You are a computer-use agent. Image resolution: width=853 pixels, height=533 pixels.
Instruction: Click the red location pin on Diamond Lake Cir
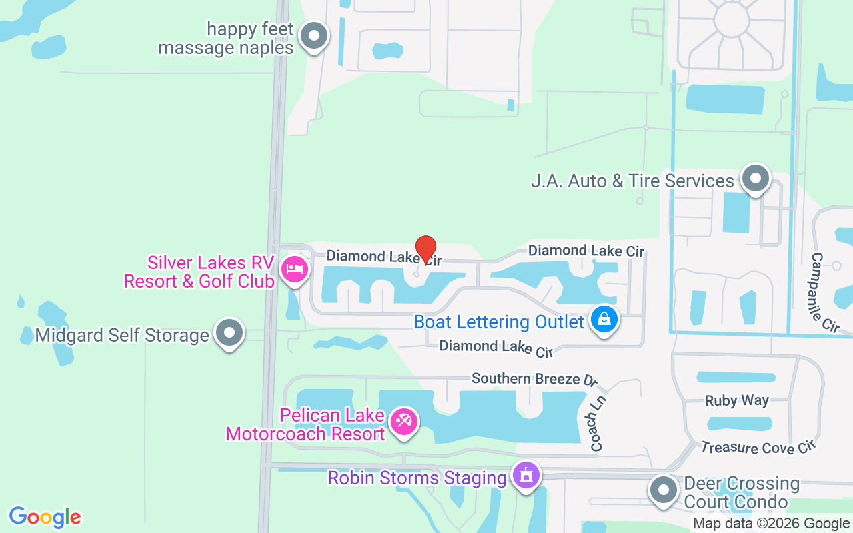(x=426, y=249)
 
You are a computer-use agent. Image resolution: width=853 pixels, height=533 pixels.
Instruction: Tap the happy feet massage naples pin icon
(x=314, y=37)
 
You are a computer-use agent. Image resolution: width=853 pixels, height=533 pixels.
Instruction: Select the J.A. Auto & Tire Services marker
(x=755, y=179)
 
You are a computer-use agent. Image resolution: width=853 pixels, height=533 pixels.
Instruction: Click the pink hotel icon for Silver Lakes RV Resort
(x=294, y=270)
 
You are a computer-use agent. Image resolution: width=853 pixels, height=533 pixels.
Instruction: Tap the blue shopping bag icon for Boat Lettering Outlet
(x=604, y=320)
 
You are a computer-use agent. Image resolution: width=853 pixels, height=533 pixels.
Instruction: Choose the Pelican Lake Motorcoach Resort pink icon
(x=403, y=421)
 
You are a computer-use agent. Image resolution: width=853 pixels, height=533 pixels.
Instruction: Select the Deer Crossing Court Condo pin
(x=663, y=490)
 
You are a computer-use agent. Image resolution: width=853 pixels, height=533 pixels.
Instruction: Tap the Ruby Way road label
(x=737, y=400)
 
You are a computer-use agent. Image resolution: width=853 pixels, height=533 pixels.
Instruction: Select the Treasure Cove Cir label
(x=758, y=447)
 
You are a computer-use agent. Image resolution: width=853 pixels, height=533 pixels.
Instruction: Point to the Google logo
(x=45, y=517)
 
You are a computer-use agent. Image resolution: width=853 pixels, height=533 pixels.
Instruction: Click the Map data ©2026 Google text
(x=771, y=524)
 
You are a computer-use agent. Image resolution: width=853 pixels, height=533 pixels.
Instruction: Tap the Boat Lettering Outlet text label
(x=498, y=322)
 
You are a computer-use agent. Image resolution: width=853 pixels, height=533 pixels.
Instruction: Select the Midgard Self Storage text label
(x=122, y=335)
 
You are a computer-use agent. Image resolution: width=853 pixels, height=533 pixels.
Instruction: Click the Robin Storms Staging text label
(x=417, y=478)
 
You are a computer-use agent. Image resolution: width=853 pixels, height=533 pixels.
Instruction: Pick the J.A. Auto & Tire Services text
(x=632, y=181)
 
